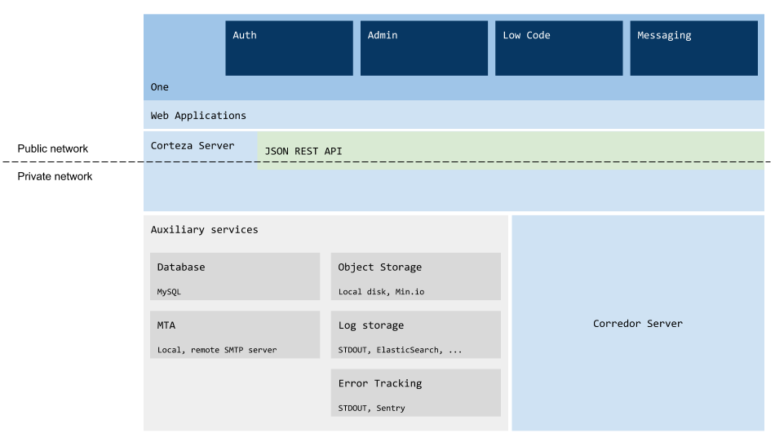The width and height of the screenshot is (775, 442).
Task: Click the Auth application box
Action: click(289, 48)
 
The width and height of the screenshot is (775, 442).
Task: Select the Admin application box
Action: click(424, 48)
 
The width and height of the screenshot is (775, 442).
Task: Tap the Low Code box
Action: click(559, 48)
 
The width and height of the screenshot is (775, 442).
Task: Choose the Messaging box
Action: click(694, 48)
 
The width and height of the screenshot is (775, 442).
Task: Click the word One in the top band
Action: click(160, 87)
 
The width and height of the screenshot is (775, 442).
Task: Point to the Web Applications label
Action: click(198, 116)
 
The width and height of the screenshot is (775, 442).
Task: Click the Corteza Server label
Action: click(193, 146)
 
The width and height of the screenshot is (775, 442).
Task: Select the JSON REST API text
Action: click(303, 151)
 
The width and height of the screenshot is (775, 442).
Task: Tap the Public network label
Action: click(53, 148)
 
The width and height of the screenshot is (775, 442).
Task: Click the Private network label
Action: click(55, 176)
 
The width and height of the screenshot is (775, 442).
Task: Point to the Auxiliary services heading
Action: click(204, 230)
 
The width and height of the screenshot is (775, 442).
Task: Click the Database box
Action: click(235, 276)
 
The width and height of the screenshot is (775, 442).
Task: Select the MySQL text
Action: click(169, 292)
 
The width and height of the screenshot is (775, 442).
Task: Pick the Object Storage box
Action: click(416, 276)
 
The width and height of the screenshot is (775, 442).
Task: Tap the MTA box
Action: click(235, 334)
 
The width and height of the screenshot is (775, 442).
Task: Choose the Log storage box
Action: click(416, 334)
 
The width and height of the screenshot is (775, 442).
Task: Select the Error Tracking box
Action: click(416, 392)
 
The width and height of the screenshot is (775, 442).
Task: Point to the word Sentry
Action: click(391, 408)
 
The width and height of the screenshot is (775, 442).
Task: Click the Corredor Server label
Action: click(638, 324)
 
